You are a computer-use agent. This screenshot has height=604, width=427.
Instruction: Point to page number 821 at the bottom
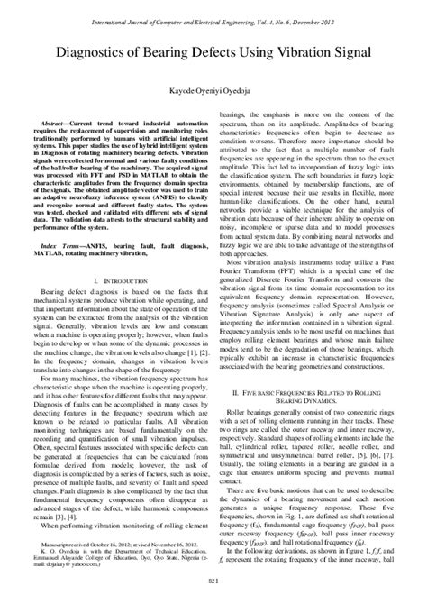[213, 587]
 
